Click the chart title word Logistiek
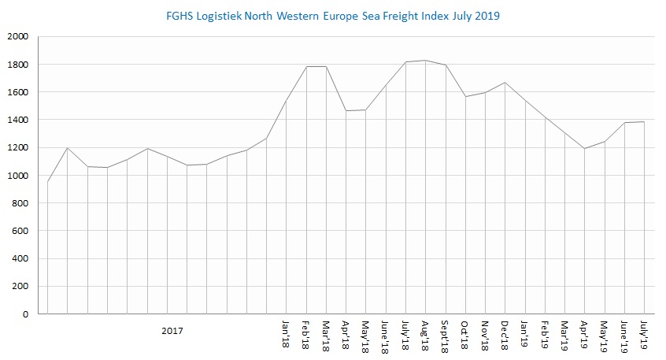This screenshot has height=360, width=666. (231, 15)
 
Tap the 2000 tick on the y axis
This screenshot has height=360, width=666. (17, 37)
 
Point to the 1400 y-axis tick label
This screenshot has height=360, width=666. (17, 121)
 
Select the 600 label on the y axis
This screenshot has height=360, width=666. (20, 232)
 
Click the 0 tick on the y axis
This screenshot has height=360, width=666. (25, 314)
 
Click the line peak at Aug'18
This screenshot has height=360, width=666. (426, 61)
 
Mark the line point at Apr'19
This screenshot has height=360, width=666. (585, 148)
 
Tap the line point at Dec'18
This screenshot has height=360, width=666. (505, 83)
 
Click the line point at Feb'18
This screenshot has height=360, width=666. (306, 67)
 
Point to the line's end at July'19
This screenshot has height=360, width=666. (645, 122)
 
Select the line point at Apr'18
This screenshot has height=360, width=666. (346, 111)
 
